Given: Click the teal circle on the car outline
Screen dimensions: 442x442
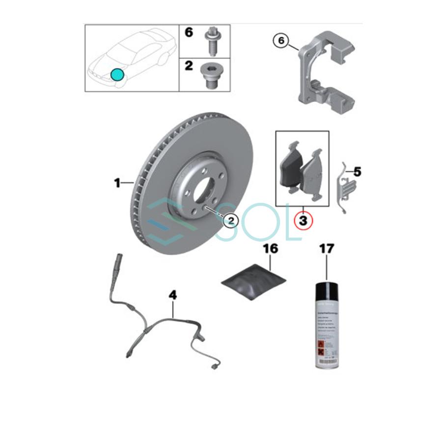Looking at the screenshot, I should pyautogui.click(x=117, y=75).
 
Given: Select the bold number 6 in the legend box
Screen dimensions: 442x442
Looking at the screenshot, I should pyautogui.click(x=189, y=33).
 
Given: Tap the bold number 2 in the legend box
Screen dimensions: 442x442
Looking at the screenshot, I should pyautogui.click(x=189, y=65).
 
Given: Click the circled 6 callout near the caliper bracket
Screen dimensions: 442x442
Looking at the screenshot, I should pyautogui.click(x=281, y=41).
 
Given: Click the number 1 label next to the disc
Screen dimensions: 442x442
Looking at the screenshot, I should pyautogui.click(x=117, y=184).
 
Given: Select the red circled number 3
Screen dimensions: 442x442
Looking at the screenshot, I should pyautogui.click(x=303, y=221).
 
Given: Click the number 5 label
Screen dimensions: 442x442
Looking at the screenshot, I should pyautogui.click(x=357, y=172).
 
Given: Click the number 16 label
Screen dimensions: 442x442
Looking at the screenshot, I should pyautogui.click(x=270, y=249).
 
